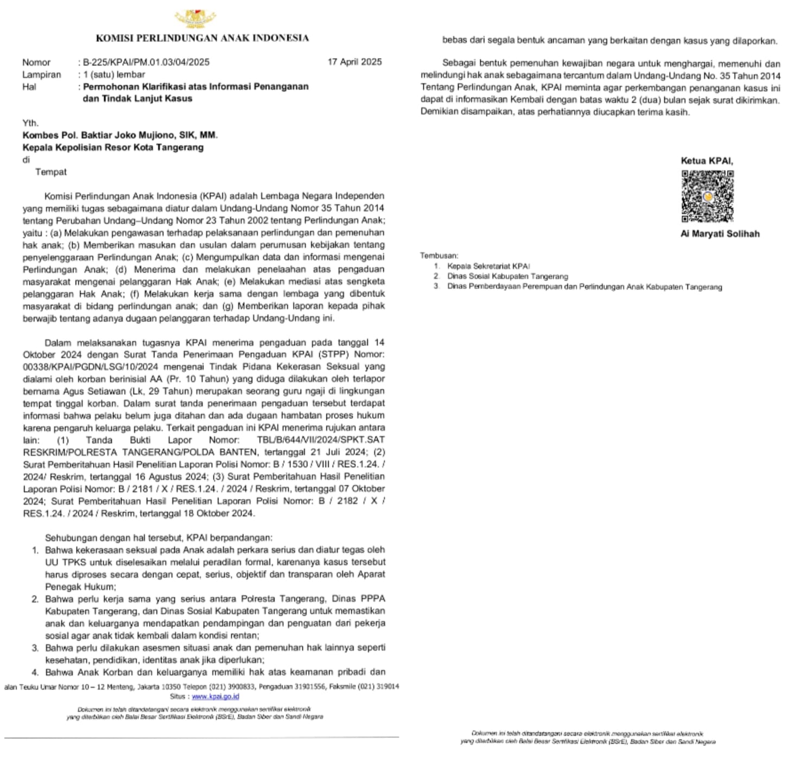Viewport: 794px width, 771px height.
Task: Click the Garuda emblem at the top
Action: pos(195,19)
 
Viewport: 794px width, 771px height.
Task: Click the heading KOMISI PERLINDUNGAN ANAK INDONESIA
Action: pos(202,38)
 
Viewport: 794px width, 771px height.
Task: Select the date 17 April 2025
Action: pos(354,62)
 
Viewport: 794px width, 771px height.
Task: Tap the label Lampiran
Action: pos(41,74)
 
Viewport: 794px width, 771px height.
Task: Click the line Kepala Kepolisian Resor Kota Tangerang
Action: pos(113,147)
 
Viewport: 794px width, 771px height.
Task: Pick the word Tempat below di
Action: pos(51,172)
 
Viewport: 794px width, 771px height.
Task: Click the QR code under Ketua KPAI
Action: pos(707,196)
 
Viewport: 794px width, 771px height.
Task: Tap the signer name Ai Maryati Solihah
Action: pos(720,234)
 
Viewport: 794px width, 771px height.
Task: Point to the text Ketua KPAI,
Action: pos(707,161)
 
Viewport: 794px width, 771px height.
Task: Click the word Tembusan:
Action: pos(439,256)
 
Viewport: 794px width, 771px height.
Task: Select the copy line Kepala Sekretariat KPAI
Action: pos(488,266)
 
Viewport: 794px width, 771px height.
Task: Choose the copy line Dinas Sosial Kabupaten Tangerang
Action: pos(507,276)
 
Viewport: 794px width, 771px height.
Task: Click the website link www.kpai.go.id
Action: pos(215,696)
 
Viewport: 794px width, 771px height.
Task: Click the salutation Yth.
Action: pos(30,123)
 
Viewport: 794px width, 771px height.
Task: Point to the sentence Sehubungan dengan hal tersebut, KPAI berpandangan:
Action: pos(158,538)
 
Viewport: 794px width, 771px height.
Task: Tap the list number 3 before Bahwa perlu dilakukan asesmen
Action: pos(35,648)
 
